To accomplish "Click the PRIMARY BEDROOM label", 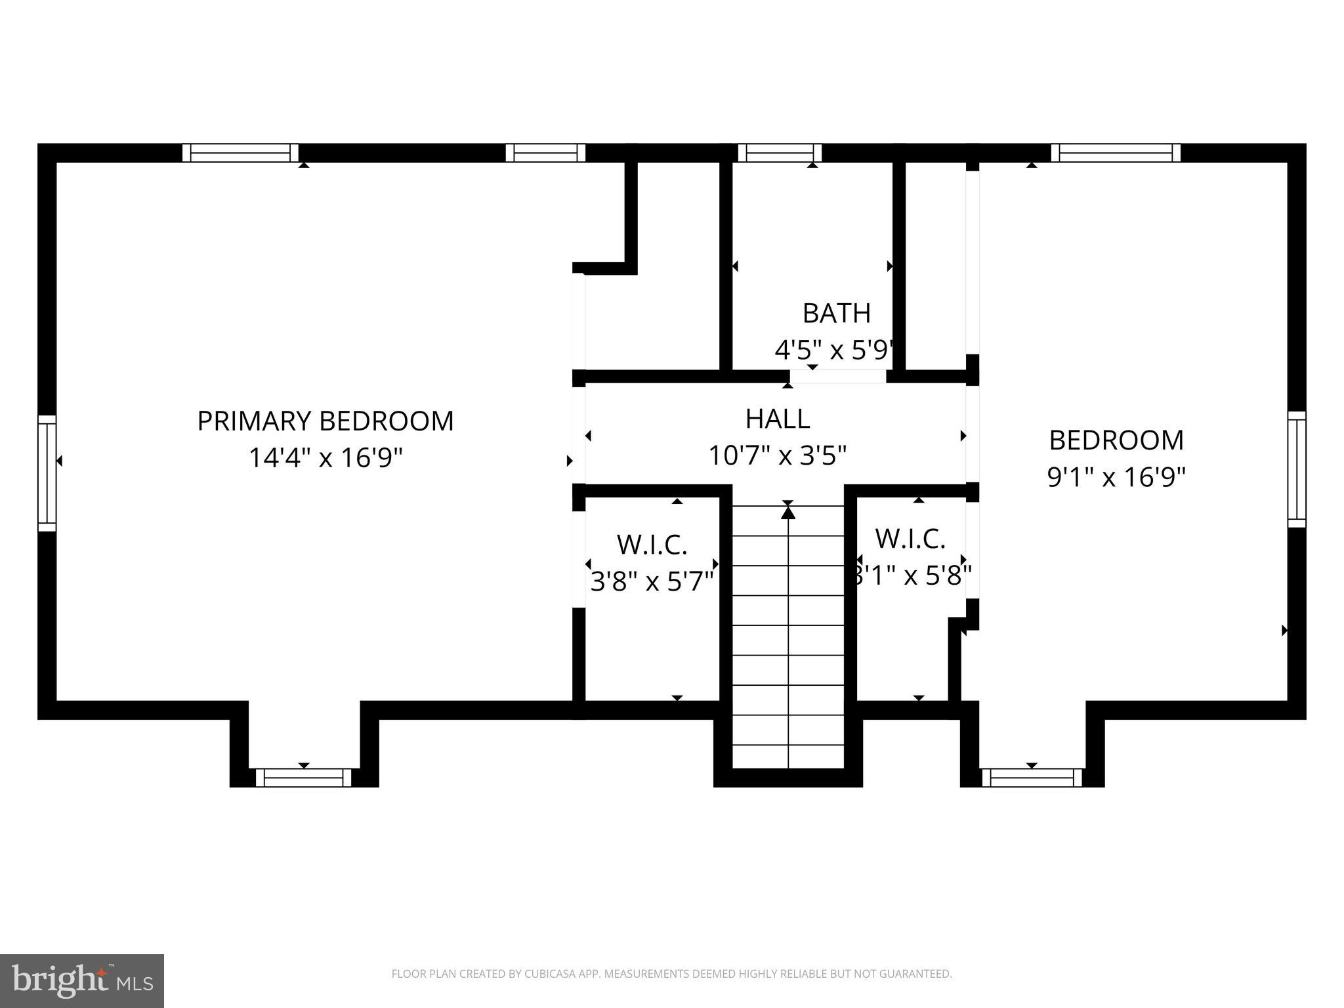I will tap(325, 421).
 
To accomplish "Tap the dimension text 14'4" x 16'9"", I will tap(325, 457).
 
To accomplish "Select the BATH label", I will tap(836, 314).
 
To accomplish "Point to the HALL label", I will tap(778, 419).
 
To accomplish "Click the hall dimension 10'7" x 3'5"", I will tap(778, 455).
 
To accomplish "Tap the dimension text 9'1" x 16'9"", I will tap(1116, 477).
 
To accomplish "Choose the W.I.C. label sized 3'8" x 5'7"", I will tap(652, 545).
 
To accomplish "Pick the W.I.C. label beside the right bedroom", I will tap(910, 539).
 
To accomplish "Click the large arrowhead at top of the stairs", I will tap(788, 511).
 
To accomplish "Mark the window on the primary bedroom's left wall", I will tap(47, 472).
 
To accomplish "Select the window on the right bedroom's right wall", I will tap(1296, 469).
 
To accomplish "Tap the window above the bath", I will tap(780, 153).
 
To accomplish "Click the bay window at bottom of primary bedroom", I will tap(303, 778).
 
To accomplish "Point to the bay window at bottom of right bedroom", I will tap(1032, 778).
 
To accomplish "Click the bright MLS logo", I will tap(81, 980).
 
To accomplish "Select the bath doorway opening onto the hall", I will tap(837, 377).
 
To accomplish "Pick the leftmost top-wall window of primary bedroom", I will tap(240, 153).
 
